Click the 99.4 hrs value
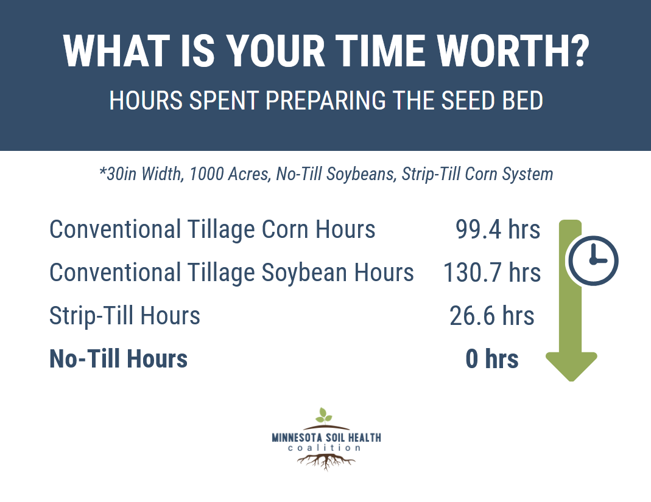click(498, 229)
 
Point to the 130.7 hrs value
click(492, 273)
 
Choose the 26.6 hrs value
click(491, 316)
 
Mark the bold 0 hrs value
click(492, 359)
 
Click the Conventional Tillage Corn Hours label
click(212, 230)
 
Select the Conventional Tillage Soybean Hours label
click(231, 273)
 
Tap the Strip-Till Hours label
click(125, 316)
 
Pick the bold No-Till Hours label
click(118, 359)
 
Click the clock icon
click(593, 261)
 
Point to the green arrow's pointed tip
click(572, 380)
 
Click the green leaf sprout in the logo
click(323, 415)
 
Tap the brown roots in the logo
click(326, 461)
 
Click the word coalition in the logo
click(324, 448)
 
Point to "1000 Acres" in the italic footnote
click(230, 174)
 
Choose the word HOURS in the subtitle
click(146, 100)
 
